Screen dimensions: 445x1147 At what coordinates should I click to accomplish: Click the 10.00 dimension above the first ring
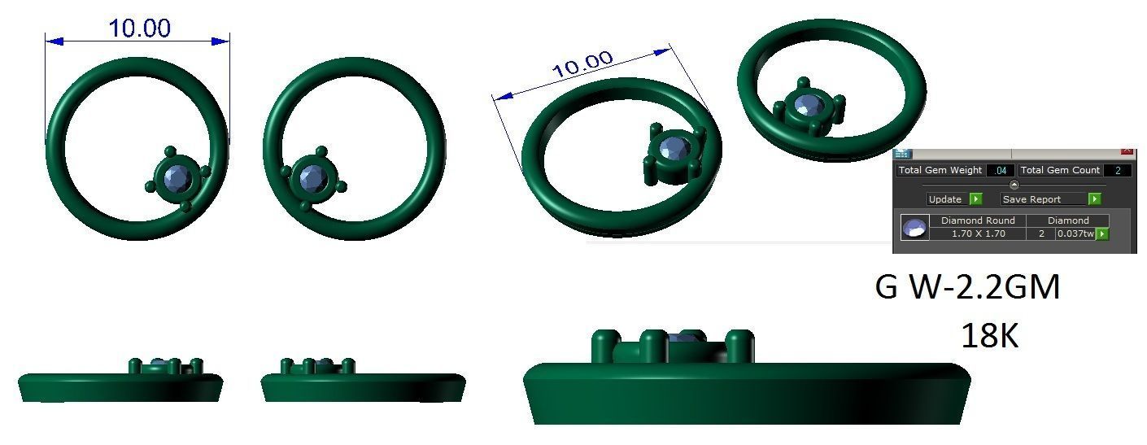[x=139, y=28]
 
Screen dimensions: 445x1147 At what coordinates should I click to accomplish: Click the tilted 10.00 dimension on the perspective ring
[x=582, y=64]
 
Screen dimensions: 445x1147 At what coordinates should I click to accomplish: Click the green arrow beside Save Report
[x=1094, y=199]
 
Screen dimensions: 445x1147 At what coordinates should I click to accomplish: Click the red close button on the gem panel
[x=1127, y=152]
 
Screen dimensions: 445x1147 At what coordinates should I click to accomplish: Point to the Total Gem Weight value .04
[x=999, y=171]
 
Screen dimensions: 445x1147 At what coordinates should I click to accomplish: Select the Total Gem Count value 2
[x=1118, y=171]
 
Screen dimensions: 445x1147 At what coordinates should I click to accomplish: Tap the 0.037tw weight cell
[x=1075, y=234]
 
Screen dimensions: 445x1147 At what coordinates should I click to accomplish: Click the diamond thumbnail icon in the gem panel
[x=914, y=228]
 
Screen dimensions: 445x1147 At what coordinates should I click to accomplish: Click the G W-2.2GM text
[x=967, y=288]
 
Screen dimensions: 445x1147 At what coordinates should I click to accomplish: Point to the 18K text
[x=989, y=335]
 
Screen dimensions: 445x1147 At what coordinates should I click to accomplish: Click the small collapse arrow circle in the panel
[x=1014, y=185]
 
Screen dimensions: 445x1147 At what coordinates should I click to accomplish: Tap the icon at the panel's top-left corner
[x=902, y=153]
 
